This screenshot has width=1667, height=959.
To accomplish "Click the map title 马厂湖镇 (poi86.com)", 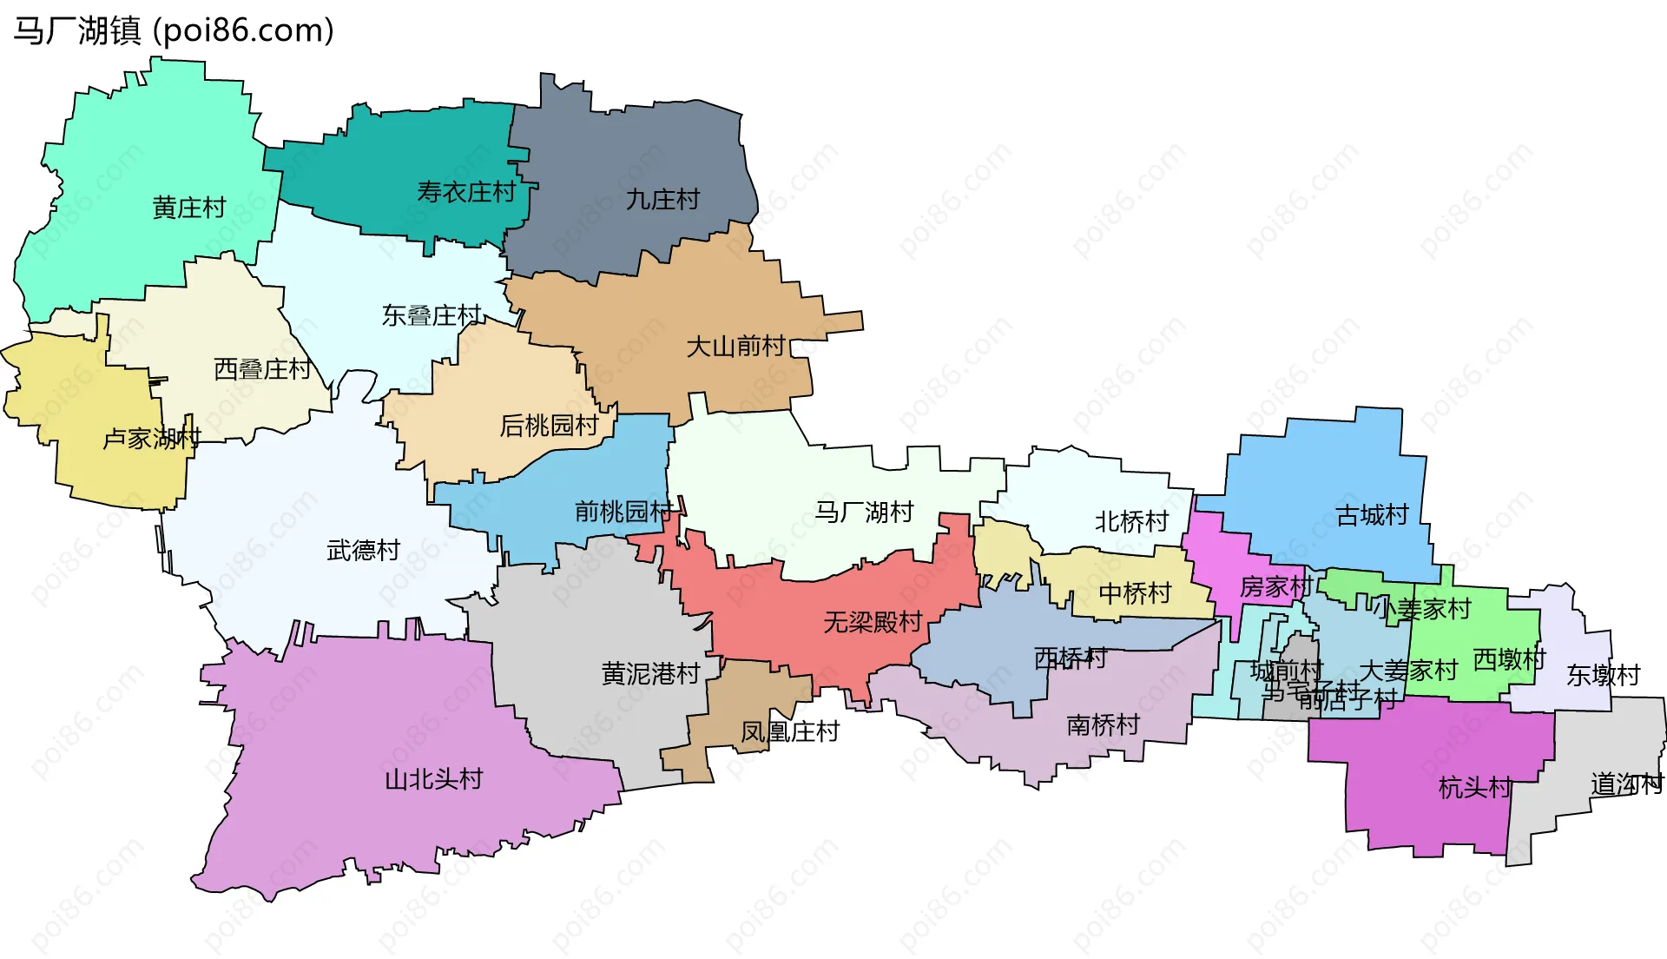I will (x=174, y=31).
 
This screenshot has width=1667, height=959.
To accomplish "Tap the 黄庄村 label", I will (x=188, y=208).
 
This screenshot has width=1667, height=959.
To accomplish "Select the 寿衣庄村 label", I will (x=466, y=192).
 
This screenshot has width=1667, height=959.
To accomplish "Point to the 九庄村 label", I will (x=662, y=200).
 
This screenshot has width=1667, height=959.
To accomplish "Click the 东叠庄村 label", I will (x=432, y=315).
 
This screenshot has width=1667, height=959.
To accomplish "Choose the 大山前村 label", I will (x=735, y=347).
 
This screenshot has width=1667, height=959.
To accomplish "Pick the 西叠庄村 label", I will (x=262, y=369).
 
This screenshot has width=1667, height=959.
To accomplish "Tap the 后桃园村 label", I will (x=549, y=426).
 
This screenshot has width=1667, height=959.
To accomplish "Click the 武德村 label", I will (x=363, y=550).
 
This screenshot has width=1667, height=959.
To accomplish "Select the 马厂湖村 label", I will (x=864, y=512).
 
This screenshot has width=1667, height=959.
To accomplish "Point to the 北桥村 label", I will (x=1131, y=522).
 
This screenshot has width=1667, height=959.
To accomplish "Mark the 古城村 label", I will (x=1372, y=515).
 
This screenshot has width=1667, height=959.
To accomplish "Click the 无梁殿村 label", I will (x=873, y=622).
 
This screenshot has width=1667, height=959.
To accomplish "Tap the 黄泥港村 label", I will (x=650, y=673).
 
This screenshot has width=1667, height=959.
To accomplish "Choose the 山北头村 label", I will (x=433, y=779).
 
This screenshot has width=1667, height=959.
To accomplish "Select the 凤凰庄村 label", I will (x=789, y=732).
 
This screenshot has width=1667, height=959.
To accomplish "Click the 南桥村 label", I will (x=1103, y=724).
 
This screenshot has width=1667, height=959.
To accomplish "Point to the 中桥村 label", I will (x=1135, y=593).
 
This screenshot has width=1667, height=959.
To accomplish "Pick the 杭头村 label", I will (x=1474, y=788).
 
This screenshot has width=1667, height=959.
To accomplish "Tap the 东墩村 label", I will (x=1603, y=675).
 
